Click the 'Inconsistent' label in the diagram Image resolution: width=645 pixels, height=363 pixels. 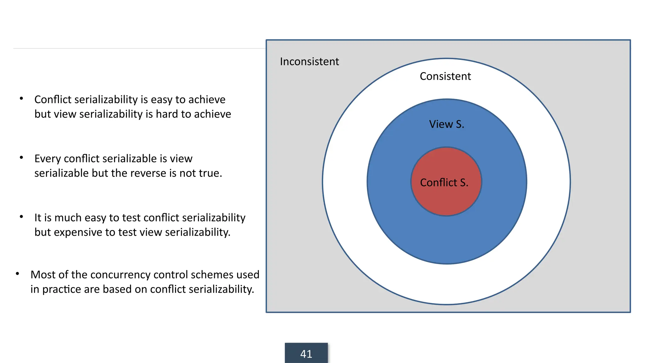[309, 61]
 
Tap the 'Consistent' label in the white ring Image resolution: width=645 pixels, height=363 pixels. [445, 76]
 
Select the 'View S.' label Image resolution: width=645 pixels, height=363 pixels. [446, 124]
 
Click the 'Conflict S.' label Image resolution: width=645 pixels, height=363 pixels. [444, 182]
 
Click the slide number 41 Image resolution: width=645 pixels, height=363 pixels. [306, 354]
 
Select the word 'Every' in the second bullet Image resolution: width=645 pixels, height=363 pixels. [48, 159]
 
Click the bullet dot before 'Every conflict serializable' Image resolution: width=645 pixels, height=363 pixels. [21, 158]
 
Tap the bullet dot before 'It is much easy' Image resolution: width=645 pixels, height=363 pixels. [21, 216]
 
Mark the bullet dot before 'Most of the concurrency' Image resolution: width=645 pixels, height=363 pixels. [18, 274]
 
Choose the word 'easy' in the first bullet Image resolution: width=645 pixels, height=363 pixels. [162, 100]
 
